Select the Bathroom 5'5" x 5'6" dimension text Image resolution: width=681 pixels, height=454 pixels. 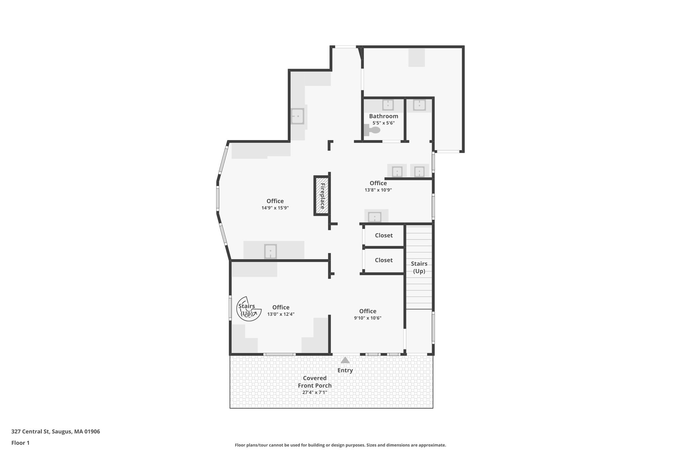[x=383, y=123]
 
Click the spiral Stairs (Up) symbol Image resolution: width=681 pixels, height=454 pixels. [x=248, y=309]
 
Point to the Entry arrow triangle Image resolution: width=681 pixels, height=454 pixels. [x=345, y=360]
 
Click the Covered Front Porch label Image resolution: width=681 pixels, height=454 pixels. [x=315, y=382]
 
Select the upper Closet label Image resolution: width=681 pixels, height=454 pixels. [x=384, y=235]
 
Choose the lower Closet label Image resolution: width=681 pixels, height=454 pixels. [x=384, y=260]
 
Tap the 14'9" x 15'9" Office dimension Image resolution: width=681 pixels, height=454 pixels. [x=275, y=208]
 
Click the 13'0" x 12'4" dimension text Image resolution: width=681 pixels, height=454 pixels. [x=281, y=314]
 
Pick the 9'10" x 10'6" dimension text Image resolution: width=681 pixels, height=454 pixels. [x=367, y=318]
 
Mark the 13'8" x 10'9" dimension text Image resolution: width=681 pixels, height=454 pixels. [x=378, y=190]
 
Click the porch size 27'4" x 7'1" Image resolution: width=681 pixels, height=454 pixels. [x=315, y=392]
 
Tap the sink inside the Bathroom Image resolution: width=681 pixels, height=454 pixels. [x=388, y=105]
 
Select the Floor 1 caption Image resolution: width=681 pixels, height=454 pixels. [x=20, y=443]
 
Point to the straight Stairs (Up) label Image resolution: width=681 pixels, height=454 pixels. [x=419, y=267]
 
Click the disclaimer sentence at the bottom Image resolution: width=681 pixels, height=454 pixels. [x=340, y=445]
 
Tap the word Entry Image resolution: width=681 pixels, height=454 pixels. [x=345, y=370]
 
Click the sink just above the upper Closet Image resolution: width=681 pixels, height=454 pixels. [x=375, y=217]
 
